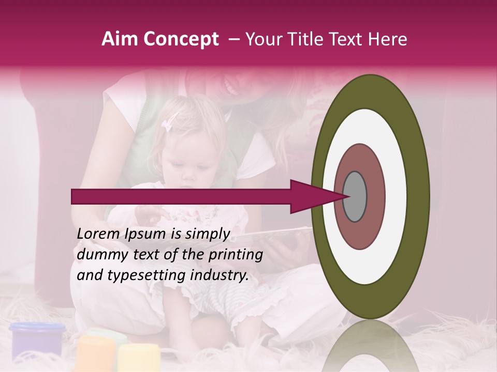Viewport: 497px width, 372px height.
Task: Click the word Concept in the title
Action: tap(181, 39)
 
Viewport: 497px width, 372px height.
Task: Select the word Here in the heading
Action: tap(388, 39)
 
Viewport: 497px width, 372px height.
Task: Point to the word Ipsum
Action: tap(145, 234)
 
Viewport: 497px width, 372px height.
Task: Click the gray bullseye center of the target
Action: tap(355, 196)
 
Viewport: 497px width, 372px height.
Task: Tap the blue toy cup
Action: tap(37, 338)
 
